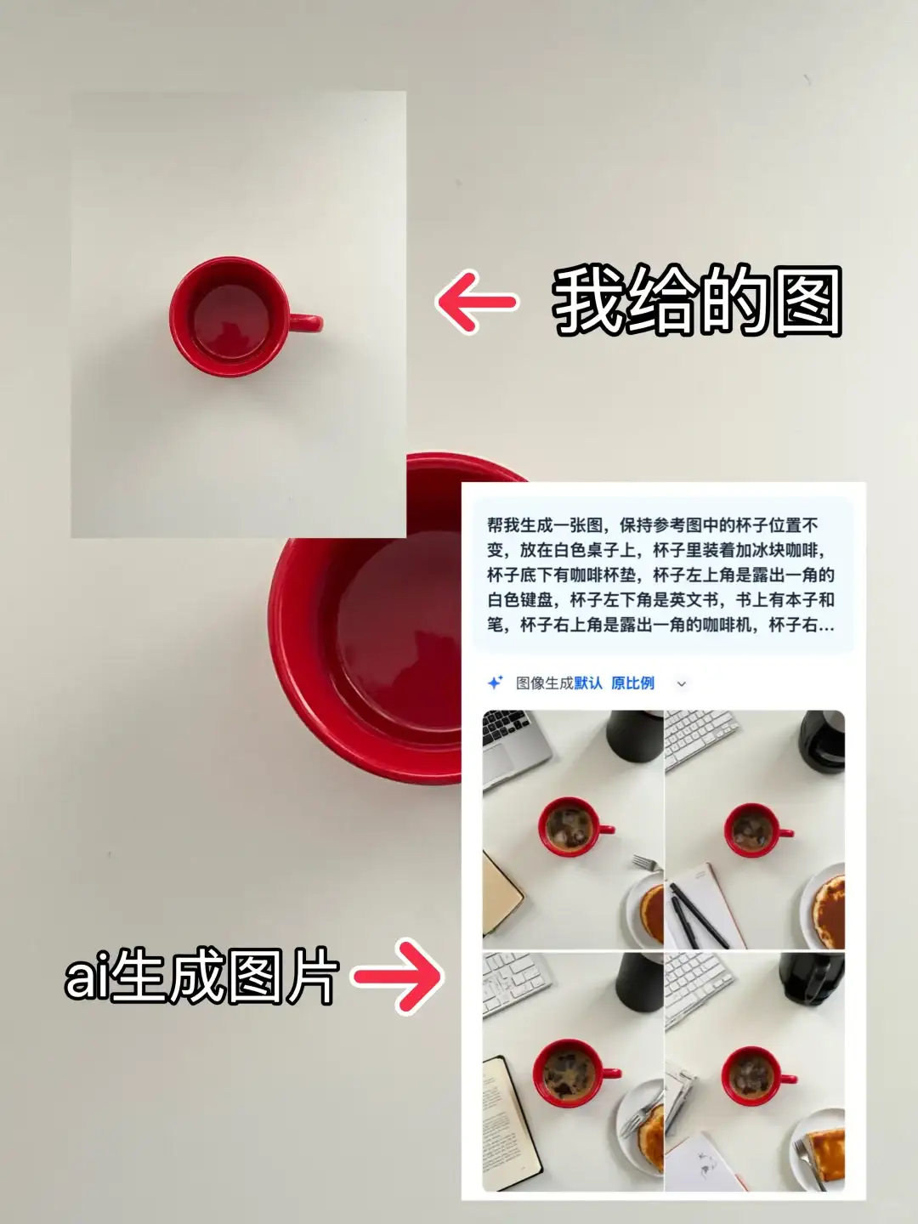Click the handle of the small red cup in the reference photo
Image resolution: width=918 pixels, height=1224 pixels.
(x=308, y=323)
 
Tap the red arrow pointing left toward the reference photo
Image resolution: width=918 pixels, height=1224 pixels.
(x=476, y=302)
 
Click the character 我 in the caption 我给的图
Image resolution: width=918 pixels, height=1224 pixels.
(x=588, y=302)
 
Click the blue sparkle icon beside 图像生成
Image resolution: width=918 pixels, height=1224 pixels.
(x=495, y=683)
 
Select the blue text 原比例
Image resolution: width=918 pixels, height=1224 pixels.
(x=632, y=683)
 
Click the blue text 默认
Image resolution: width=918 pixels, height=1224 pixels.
(x=588, y=683)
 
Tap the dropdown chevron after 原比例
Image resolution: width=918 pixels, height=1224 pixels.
(x=681, y=684)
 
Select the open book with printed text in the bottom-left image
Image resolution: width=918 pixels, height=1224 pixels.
(x=512, y=1122)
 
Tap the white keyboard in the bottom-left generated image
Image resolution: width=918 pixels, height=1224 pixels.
(x=514, y=982)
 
